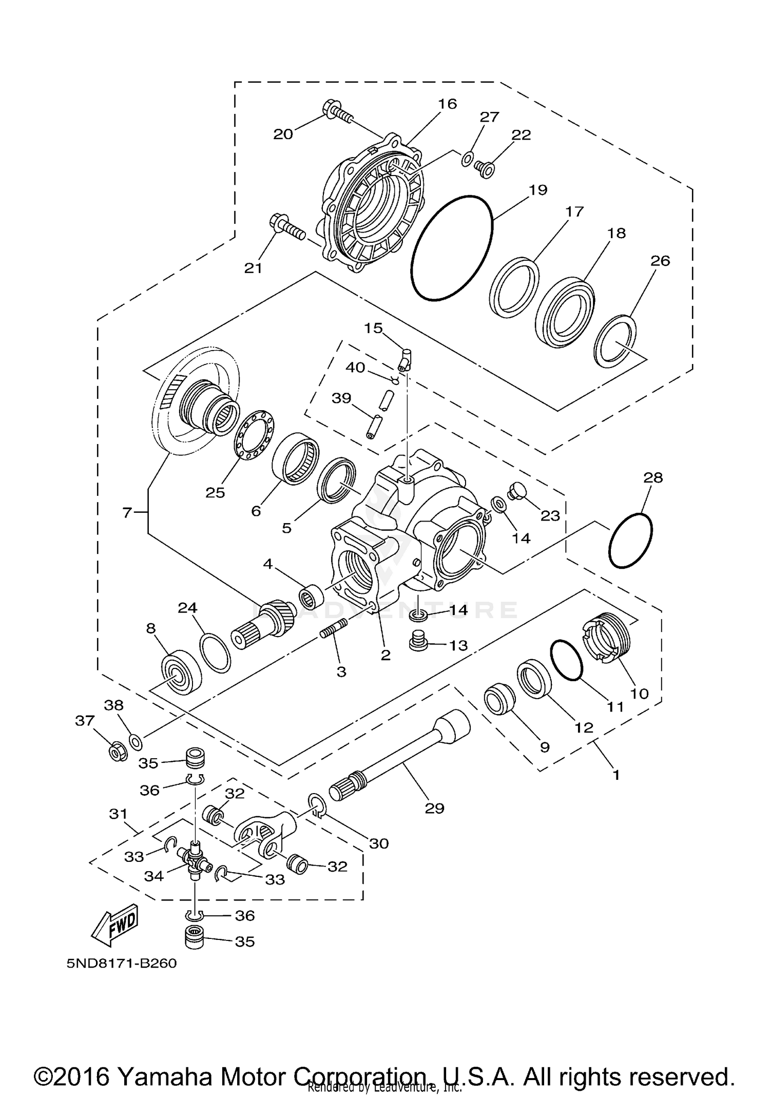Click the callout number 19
pos(538,190)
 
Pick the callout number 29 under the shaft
pos(434,809)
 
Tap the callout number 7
pos(128,512)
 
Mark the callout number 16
pos(447,104)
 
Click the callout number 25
pos(216,493)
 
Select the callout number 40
pos(355,368)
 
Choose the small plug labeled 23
pos(515,490)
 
